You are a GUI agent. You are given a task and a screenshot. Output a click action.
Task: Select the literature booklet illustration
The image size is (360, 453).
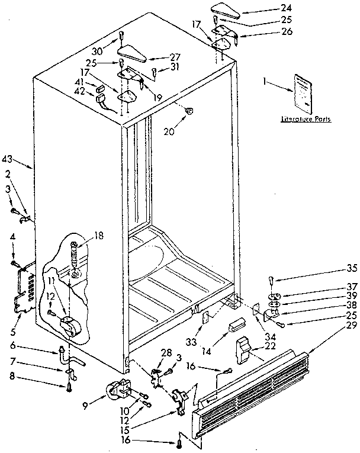coord(303,92)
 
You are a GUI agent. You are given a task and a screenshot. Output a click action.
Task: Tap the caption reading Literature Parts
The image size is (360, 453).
coord(306,119)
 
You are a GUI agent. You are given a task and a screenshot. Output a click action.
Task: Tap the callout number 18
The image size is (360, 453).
coord(98,236)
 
